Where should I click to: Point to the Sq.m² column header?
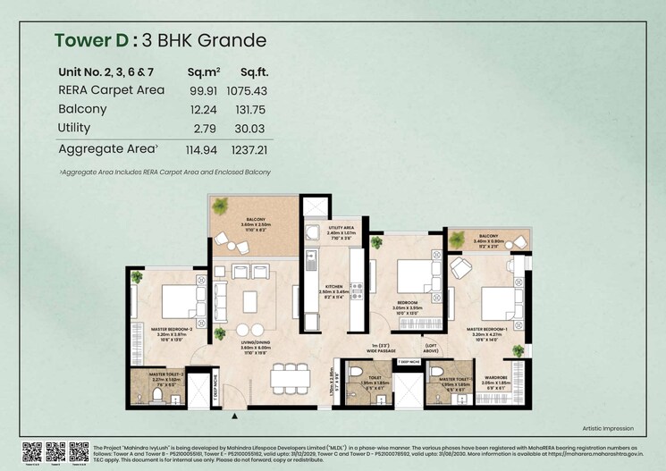click(x=203, y=71)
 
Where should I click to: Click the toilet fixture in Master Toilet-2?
click(x=157, y=393)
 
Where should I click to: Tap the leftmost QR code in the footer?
click(x=32, y=451)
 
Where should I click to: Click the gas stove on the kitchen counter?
click(x=356, y=290)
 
